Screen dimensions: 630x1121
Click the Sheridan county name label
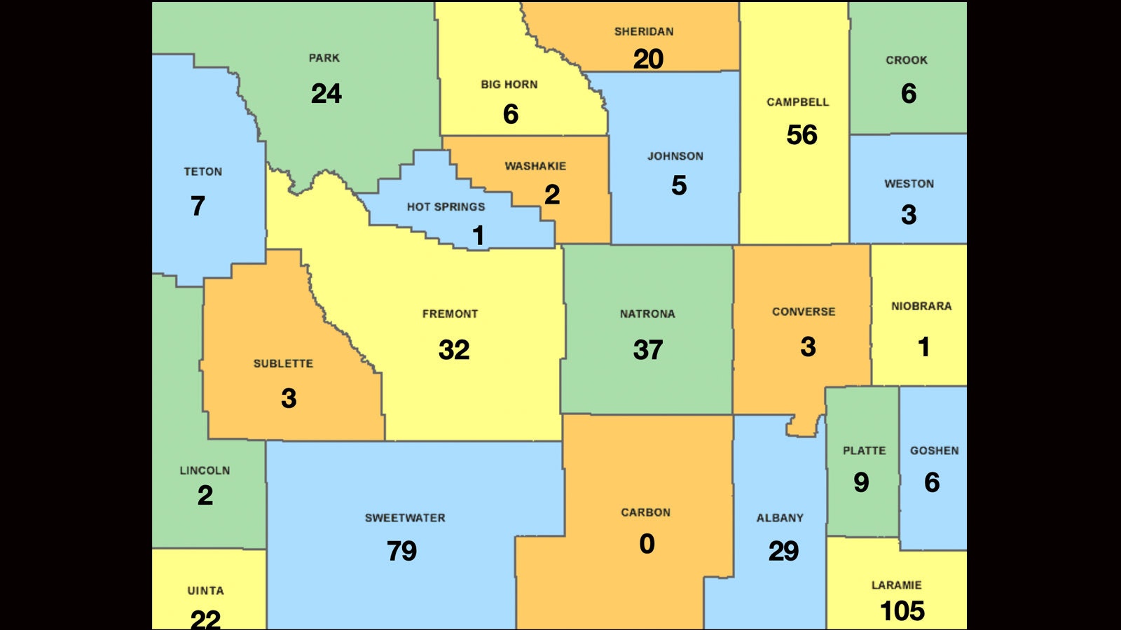pyautogui.click(x=644, y=31)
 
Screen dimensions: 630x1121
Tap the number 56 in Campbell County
pyautogui.click(x=802, y=135)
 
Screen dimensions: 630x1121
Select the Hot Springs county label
pyautogui.click(x=446, y=206)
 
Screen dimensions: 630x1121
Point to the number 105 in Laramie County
pyautogui.click(x=902, y=611)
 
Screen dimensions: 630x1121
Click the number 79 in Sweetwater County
pyautogui.click(x=401, y=551)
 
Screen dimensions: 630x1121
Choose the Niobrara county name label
pyautogui.click(x=921, y=306)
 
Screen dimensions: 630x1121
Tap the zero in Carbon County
pyautogui.click(x=647, y=544)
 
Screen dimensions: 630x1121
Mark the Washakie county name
pyautogui.click(x=535, y=166)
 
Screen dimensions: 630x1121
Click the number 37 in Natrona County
pyautogui.click(x=647, y=350)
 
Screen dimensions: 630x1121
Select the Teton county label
pyautogui.click(x=202, y=171)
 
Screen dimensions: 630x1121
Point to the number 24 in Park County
pyautogui.click(x=326, y=94)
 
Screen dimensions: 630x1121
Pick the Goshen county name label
pyautogui.click(x=934, y=451)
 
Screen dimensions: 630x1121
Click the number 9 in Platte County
pyautogui.click(x=861, y=482)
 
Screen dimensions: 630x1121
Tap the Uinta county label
pyautogui.click(x=205, y=591)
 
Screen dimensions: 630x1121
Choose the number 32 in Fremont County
pyautogui.click(x=453, y=350)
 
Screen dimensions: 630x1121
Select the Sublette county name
pyautogui.click(x=283, y=363)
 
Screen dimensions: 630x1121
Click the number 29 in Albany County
pyautogui.click(x=783, y=551)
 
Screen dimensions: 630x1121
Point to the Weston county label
pyautogui.click(x=909, y=184)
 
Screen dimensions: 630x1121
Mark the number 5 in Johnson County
pyautogui.click(x=678, y=185)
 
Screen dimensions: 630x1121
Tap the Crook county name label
pyautogui.click(x=906, y=60)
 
